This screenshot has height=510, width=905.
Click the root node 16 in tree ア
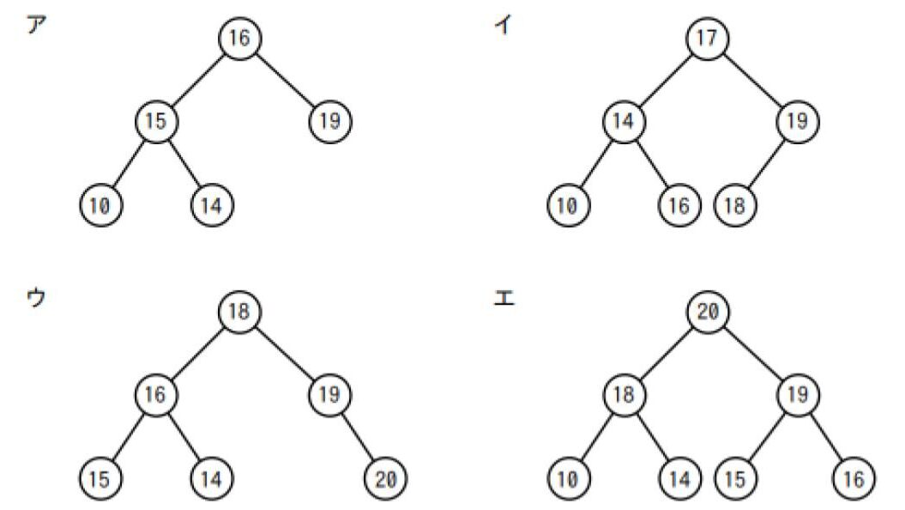point(240,39)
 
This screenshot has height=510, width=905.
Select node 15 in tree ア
point(156,121)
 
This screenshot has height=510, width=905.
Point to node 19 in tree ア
point(330,121)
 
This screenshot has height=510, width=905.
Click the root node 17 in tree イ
point(708,39)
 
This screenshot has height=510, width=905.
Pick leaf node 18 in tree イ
point(735,205)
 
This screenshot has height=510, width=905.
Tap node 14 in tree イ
point(624,121)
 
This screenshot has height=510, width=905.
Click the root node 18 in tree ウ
point(240,311)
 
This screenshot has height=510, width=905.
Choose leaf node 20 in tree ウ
point(385,477)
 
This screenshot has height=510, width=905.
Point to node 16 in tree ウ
point(156,394)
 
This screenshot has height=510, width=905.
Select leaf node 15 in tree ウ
point(101,477)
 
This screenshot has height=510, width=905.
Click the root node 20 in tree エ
point(708,311)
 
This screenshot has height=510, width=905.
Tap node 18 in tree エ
point(624,394)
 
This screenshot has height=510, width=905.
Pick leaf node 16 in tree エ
point(853,477)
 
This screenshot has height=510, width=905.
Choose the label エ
point(505,302)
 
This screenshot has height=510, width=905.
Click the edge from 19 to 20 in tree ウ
point(358,436)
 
